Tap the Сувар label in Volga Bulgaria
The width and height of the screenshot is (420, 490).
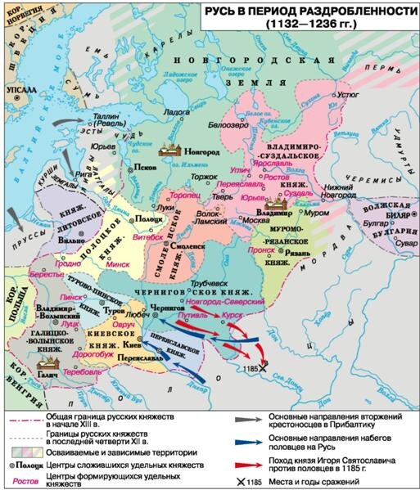coord(395,243)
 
